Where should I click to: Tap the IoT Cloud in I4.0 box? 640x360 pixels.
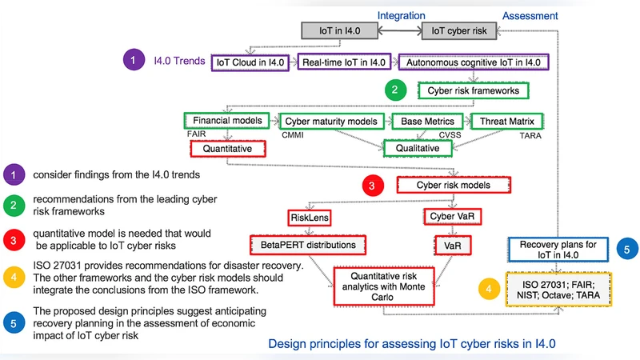250,62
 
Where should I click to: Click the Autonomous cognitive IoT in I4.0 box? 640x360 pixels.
474,62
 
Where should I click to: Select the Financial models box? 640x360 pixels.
229,121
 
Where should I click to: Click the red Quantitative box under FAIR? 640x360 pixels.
228,148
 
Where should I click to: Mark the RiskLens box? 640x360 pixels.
310,217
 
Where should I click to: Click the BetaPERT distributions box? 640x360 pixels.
308,242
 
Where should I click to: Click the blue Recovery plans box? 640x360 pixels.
548,249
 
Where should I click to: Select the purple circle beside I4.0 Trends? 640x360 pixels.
133,60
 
